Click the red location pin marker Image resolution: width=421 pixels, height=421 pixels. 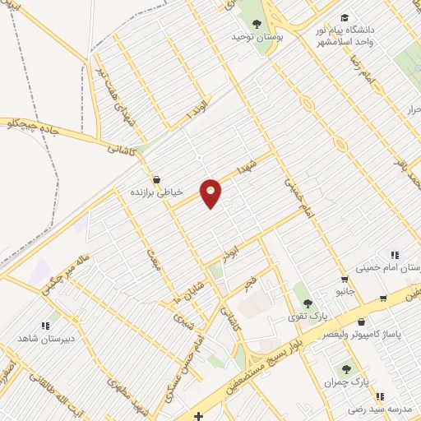click(211, 192)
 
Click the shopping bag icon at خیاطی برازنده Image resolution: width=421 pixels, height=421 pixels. click(156, 178)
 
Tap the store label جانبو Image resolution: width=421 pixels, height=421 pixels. click(346, 289)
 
